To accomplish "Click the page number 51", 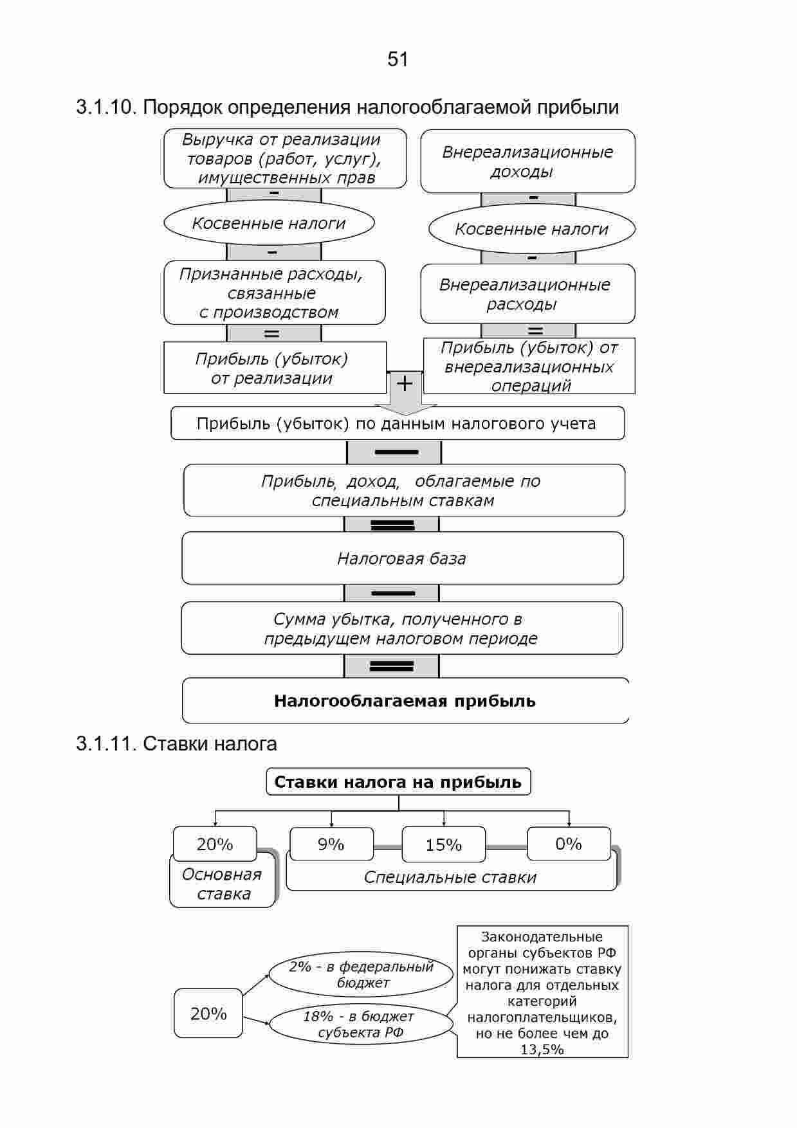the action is point(398,60).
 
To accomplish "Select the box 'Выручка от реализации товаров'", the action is point(285,158).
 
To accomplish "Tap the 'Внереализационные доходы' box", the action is point(527,161).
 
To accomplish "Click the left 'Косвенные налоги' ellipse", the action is point(269,223).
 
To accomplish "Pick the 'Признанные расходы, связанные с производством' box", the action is point(275,293).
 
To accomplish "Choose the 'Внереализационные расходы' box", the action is point(527,294).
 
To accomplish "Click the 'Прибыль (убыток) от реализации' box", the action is point(275,368).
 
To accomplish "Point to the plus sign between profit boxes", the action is point(405,384).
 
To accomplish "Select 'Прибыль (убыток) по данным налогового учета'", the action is point(398,423).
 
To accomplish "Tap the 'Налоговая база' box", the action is point(403,558).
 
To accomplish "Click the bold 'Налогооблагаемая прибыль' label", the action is point(405,700).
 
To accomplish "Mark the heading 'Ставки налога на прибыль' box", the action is point(399,781).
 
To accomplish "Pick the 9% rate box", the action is point(331,844).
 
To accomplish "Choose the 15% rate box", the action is point(444,844).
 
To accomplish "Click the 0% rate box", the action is point(569,843).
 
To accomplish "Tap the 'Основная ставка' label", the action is point(223,884).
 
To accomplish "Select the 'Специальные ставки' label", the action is point(450,877).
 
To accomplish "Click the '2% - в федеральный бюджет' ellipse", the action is point(362,974).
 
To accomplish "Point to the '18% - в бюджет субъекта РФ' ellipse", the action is point(361,1024).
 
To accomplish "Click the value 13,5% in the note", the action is point(542,1050).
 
